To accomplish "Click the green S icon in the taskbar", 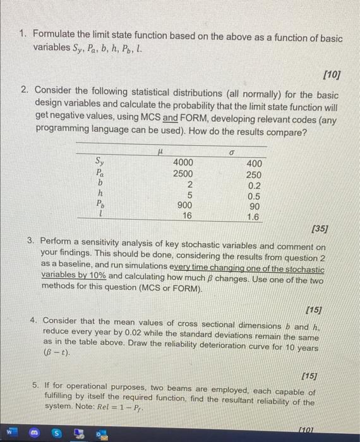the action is (56, 434).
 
